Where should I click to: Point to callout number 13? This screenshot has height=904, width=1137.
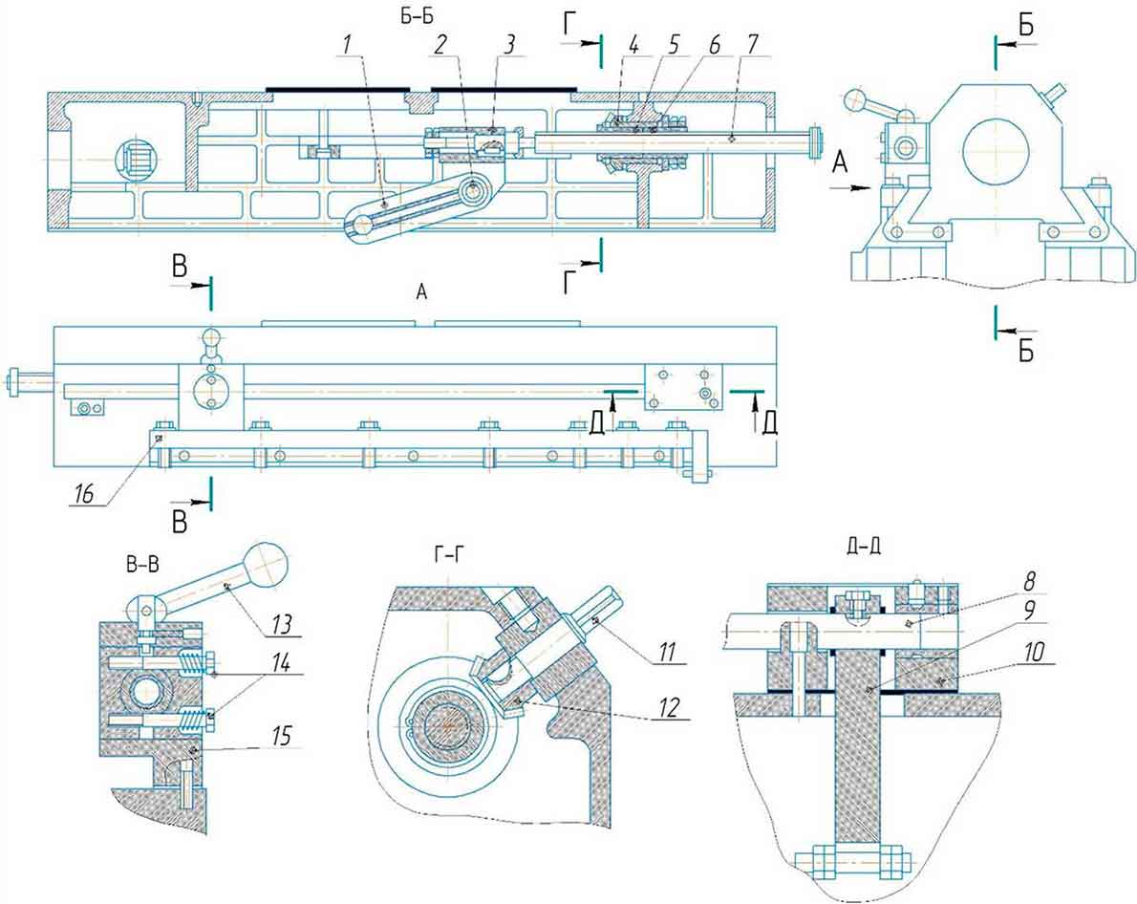[x=283, y=623]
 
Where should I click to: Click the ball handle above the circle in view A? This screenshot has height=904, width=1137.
[x=210, y=337]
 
